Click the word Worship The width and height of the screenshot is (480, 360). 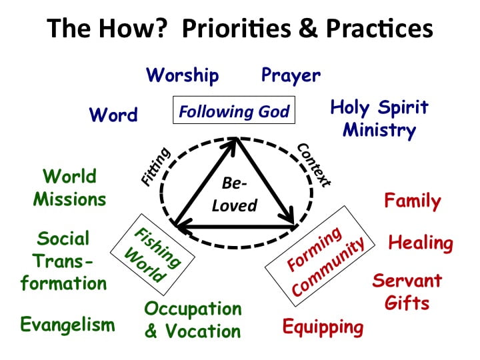click(182, 75)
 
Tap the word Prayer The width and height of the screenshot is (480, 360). click(291, 75)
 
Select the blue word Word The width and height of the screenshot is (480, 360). click(113, 115)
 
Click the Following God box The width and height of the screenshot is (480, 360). click(234, 111)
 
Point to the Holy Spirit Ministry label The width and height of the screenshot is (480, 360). click(379, 118)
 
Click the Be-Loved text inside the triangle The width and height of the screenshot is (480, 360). click(234, 195)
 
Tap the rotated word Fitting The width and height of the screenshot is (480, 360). click(157, 166)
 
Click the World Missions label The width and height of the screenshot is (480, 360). click(69, 187)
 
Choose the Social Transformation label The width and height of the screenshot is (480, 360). click(63, 261)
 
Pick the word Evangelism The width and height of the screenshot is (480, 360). click(67, 325)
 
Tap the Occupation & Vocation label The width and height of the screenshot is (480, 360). click(193, 320)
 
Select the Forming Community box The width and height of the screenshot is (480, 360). click(326, 253)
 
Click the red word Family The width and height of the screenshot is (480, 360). click(412, 201)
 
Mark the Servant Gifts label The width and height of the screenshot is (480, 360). click(406, 291)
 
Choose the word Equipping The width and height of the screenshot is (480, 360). click(323, 327)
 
